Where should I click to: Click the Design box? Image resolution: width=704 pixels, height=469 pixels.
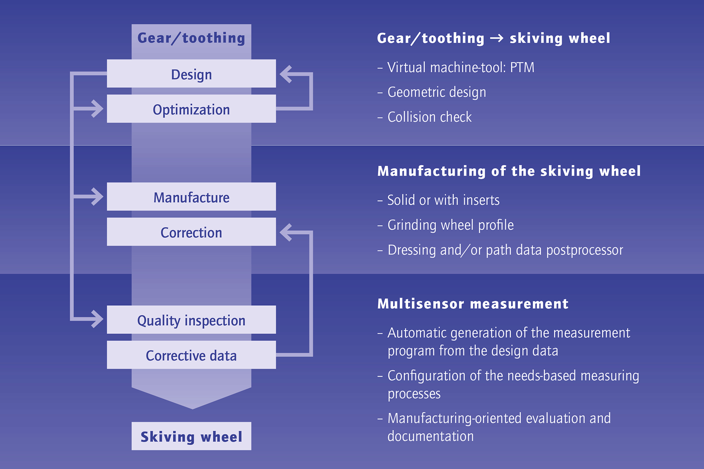tap(191, 73)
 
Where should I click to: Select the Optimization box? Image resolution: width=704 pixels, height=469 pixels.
tap(191, 109)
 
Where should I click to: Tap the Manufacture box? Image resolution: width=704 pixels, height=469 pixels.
tap(191, 197)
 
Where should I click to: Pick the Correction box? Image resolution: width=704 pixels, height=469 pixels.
tap(191, 232)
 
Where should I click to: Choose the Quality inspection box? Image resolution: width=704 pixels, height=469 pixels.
tap(191, 320)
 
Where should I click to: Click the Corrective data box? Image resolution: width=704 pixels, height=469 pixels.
tap(191, 355)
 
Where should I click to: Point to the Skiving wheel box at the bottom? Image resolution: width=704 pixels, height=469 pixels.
tap(191, 436)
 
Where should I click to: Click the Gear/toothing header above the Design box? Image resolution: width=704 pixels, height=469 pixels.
tap(191, 38)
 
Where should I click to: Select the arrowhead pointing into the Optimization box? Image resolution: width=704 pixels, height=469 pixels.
tap(97, 109)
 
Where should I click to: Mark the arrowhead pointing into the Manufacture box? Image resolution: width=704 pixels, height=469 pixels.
tap(97, 197)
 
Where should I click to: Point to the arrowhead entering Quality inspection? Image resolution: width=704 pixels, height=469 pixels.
tap(97, 319)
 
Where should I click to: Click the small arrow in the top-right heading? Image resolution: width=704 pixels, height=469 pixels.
tap(497, 38)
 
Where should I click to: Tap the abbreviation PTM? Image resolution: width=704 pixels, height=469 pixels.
tap(522, 68)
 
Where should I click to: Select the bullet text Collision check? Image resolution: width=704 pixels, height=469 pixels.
tap(429, 117)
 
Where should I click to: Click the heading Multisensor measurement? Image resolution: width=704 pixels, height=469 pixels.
tap(473, 304)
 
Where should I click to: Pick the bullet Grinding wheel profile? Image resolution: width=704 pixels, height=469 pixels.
tap(451, 225)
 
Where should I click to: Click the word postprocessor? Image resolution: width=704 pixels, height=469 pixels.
tap(584, 251)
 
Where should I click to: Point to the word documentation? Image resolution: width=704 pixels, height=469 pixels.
tap(431, 436)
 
